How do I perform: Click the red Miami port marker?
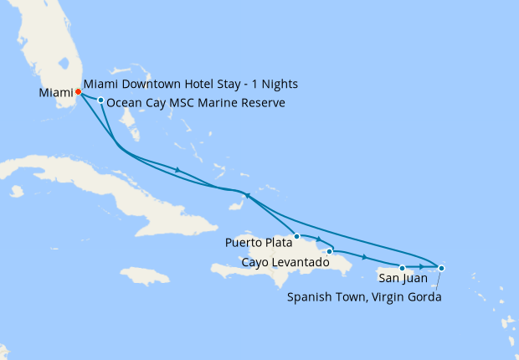[x=78, y=91]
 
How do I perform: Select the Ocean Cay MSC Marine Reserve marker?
[x=100, y=101]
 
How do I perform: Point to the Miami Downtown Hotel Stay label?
[x=191, y=85]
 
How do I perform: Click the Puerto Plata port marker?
[x=297, y=236]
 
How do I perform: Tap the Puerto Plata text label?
[x=259, y=244]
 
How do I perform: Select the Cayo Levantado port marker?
[x=330, y=250]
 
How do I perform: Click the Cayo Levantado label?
[x=285, y=263]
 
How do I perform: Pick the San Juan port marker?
[x=403, y=268]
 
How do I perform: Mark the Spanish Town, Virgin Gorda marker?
[x=441, y=268]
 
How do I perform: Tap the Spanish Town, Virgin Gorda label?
[x=363, y=296]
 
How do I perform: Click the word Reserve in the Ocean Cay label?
[x=262, y=103]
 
